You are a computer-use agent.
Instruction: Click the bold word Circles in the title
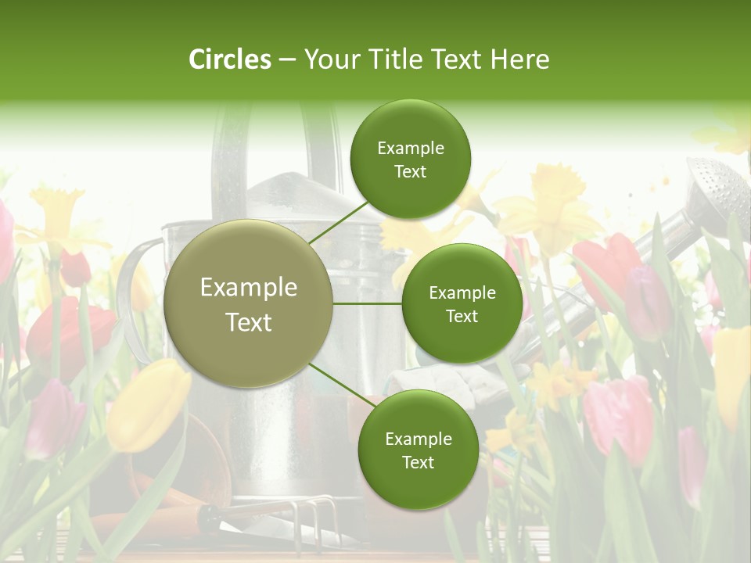pyautogui.click(x=229, y=59)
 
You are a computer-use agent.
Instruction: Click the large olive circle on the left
pyautogui.click(x=248, y=303)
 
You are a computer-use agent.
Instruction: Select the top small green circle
pyautogui.click(x=411, y=159)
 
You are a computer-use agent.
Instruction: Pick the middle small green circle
pyautogui.click(x=462, y=303)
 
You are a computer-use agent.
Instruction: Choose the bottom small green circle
pyautogui.click(x=418, y=450)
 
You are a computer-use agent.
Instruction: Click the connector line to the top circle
pyautogui.click(x=338, y=223)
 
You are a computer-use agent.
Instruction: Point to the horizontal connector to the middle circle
pyautogui.click(x=367, y=303)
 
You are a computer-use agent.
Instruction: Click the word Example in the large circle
pyautogui.click(x=248, y=287)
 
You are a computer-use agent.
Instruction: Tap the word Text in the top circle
pyautogui.click(x=411, y=172)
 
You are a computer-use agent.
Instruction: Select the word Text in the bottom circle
pyautogui.click(x=418, y=463)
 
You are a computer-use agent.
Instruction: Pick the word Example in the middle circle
pyautogui.click(x=462, y=293)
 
